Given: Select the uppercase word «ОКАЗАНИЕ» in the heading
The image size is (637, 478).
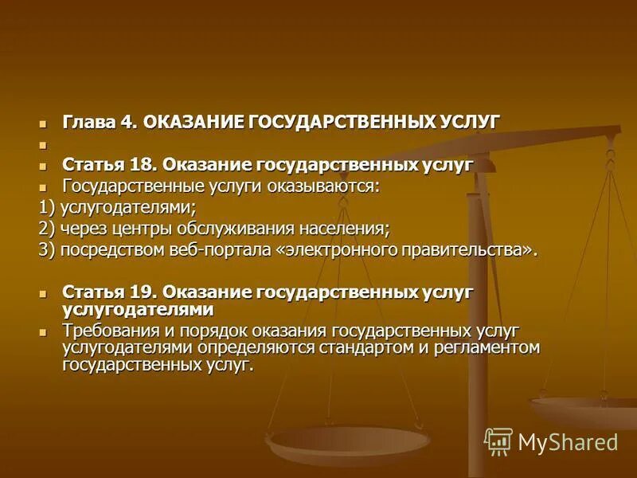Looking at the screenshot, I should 193,122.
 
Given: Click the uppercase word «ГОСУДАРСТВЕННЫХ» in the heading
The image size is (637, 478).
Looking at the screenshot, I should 341,122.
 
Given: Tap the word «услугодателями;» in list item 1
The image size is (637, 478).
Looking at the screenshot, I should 128,208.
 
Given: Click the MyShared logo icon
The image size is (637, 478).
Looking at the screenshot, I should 498,441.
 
